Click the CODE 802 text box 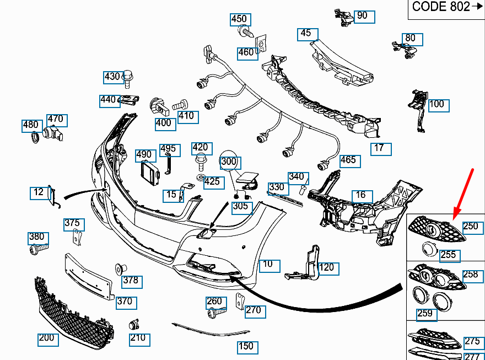click(446, 7)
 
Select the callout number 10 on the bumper click(268, 265)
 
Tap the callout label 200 click(47, 338)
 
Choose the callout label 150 click(246, 346)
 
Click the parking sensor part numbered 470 click(53, 133)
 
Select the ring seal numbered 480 click(35, 138)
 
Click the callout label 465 click(348, 161)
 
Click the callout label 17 click(379, 148)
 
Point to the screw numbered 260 click(214, 313)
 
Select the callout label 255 click(449, 255)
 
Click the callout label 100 click(436, 104)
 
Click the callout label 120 click(327, 268)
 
